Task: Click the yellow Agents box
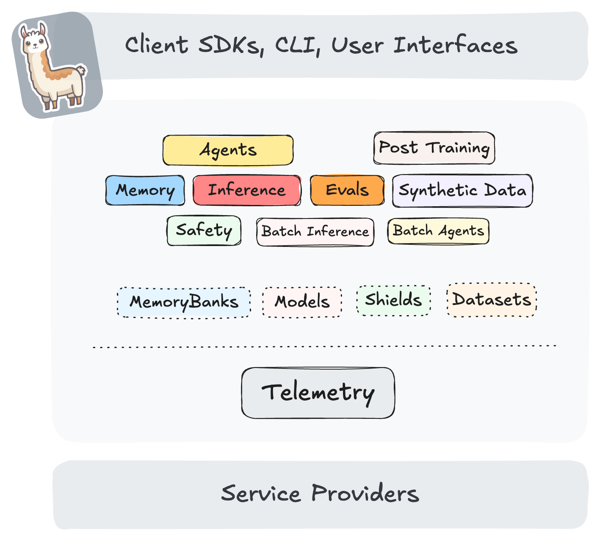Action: click(228, 150)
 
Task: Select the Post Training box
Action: click(434, 148)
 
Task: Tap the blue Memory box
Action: click(145, 190)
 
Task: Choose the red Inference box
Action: click(246, 190)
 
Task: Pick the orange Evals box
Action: click(347, 190)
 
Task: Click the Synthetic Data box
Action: click(462, 191)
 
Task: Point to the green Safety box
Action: click(204, 231)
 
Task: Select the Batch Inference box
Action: click(315, 232)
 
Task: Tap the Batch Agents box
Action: click(438, 231)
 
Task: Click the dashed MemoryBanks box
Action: click(184, 302)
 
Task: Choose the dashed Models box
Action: click(302, 302)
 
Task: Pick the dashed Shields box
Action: click(393, 300)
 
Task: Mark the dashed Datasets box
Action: click(492, 300)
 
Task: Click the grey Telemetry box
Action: click(318, 393)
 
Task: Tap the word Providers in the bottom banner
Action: click(365, 494)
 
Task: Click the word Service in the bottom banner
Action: click(261, 494)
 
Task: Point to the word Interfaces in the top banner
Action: click(455, 45)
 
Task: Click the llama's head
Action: click(35, 41)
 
